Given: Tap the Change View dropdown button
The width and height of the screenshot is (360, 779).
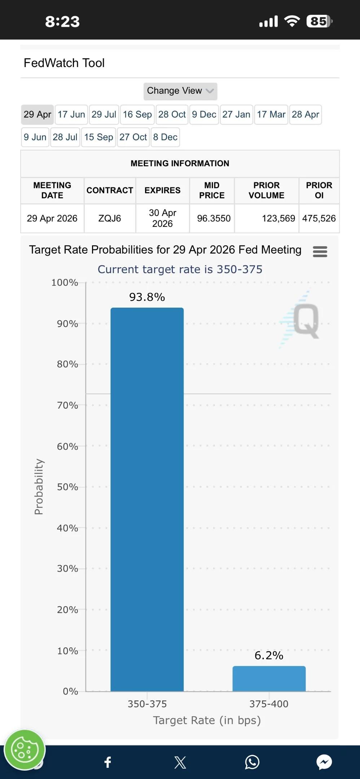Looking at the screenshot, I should coord(180,91).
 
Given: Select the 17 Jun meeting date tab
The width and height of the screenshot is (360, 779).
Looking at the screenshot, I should coord(71,115).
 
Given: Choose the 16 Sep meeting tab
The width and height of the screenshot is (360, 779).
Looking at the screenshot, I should coord(137,115).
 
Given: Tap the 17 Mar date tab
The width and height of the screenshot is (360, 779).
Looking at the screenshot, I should coord(271,115).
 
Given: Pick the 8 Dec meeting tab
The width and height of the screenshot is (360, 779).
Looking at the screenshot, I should coord(165,137).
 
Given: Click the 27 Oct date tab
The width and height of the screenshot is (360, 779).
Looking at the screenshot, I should coord(133,137).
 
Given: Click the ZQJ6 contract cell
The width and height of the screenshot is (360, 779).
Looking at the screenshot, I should coord(110,219).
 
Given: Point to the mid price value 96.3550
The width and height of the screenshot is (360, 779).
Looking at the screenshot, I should coord(214,219).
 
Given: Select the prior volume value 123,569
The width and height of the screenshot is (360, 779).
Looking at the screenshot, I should coord(278,219).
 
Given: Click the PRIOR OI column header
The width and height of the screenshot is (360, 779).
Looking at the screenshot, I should coord(319,190).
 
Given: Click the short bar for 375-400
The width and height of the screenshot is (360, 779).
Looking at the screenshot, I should coord(269,679).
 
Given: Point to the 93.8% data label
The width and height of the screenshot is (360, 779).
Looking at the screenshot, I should coord(147,297).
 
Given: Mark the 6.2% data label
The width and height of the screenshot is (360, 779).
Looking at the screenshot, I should coord(269,655).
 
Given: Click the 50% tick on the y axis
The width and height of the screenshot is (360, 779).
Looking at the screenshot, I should coord(67,487).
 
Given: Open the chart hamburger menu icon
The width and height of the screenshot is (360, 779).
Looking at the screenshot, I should coord(320,251).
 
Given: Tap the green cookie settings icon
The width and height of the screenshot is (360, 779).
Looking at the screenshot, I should coord(24,750).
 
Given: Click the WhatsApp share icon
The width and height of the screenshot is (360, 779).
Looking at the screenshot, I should coord(252,762).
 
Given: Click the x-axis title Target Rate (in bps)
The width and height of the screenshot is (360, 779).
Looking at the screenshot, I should coord(207,720).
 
